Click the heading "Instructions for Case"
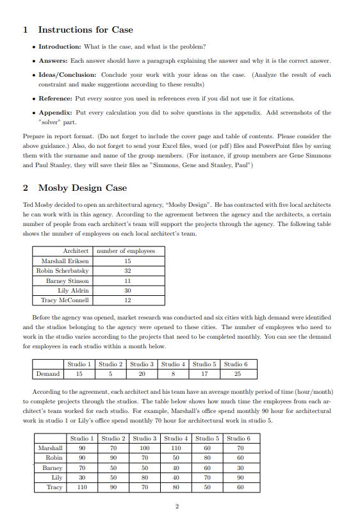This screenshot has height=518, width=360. click(x=86, y=29)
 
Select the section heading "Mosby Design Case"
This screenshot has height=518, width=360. click(x=83, y=188)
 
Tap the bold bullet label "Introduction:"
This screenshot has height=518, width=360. click(x=60, y=47)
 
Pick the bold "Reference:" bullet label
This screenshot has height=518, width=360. click(x=60, y=99)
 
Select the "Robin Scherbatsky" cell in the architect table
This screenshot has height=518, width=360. click(x=64, y=271)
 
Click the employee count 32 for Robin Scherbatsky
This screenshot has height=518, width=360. click(x=127, y=271)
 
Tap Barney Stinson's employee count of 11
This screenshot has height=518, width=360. click(x=127, y=280)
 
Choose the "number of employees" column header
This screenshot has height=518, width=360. click(x=127, y=251)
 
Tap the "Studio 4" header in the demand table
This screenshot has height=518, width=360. click(x=174, y=364)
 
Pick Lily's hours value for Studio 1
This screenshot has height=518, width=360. click(x=80, y=477)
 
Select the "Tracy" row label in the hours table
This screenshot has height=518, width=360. click(x=55, y=487)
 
